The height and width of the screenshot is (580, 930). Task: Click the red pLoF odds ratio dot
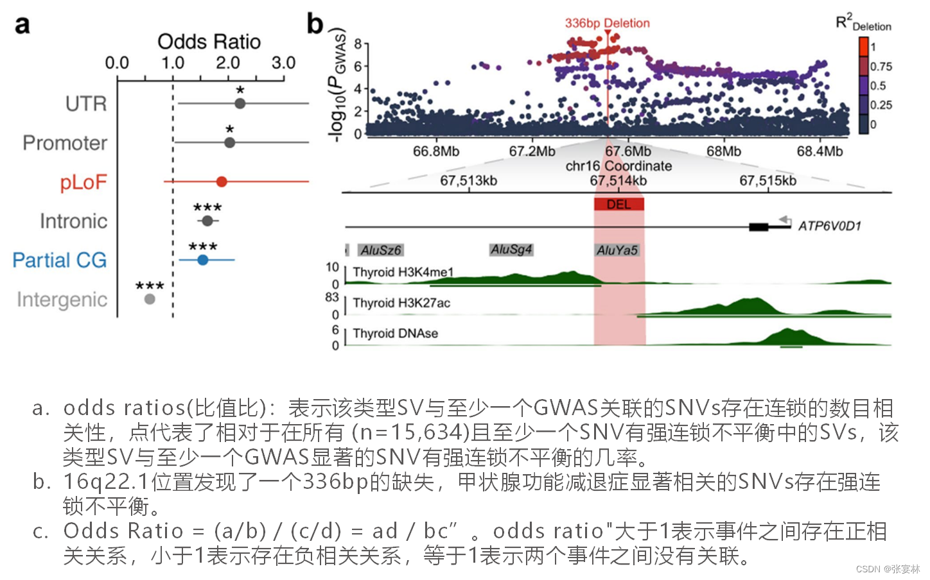(x=222, y=182)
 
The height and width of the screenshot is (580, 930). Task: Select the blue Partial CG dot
(x=203, y=260)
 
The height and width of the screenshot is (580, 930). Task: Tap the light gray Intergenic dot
(x=150, y=299)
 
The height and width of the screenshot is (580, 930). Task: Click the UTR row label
(x=86, y=104)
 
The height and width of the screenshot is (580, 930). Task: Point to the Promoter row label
(x=65, y=143)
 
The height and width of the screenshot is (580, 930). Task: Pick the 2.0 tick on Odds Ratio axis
(x=228, y=63)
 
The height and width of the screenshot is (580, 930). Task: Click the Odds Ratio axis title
(x=209, y=42)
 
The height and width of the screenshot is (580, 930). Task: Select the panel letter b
(x=315, y=24)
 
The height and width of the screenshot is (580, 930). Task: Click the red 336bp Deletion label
(x=607, y=23)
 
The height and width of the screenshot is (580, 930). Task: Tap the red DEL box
(x=619, y=205)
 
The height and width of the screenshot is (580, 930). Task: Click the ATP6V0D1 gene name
(x=829, y=226)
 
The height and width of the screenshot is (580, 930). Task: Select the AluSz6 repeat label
(x=380, y=250)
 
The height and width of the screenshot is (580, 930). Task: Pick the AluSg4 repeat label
(x=511, y=250)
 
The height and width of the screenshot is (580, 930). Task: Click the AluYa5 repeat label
(x=617, y=250)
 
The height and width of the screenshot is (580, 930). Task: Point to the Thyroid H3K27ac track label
(x=401, y=303)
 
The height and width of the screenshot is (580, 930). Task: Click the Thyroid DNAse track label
(x=395, y=334)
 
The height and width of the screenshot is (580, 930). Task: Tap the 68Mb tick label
(x=723, y=151)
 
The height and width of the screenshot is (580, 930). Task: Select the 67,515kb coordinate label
(x=768, y=181)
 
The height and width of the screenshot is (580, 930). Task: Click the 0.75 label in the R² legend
(x=881, y=67)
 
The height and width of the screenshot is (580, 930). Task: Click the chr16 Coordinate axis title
(x=619, y=166)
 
